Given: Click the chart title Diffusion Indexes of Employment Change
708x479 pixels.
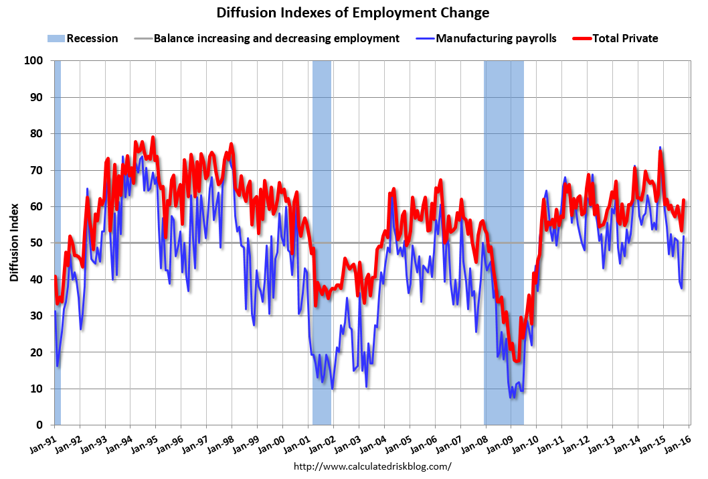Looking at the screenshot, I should [353, 13].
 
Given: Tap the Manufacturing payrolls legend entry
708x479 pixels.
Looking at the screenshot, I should [496, 38].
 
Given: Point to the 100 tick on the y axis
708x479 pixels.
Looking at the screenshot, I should [35, 61].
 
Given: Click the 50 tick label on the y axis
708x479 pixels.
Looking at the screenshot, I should [37, 243].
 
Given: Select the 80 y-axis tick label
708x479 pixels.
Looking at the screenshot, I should [37, 134].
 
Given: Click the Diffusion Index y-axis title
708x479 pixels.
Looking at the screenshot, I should [14, 243].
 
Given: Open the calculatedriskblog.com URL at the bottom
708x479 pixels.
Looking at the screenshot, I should [373, 466].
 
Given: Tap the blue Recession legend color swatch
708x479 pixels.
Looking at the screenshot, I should [56, 38].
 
